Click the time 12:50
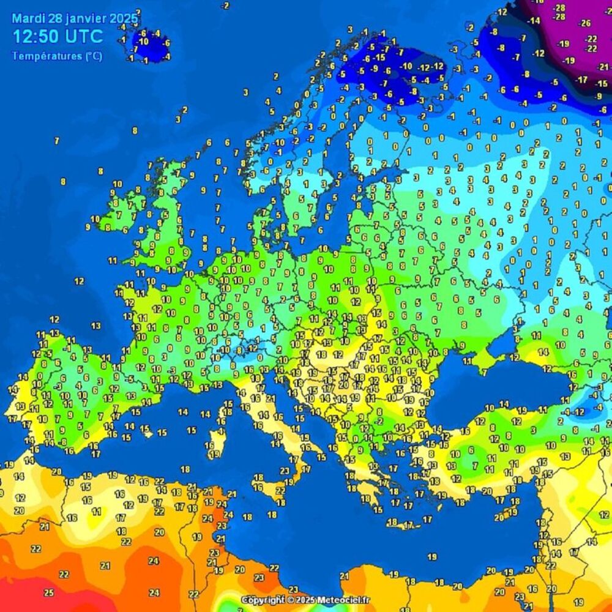[x=35, y=36]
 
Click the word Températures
[x=46, y=56]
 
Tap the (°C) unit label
[x=94, y=56]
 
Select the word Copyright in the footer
[x=263, y=600]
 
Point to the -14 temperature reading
[x=534, y=21]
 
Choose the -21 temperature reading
[x=603, y=67]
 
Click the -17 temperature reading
[x=583, y=80]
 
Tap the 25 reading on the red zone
[x=49, y=592]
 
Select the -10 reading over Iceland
[x=143, y=42]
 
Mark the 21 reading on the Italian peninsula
[x=271, y=398]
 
